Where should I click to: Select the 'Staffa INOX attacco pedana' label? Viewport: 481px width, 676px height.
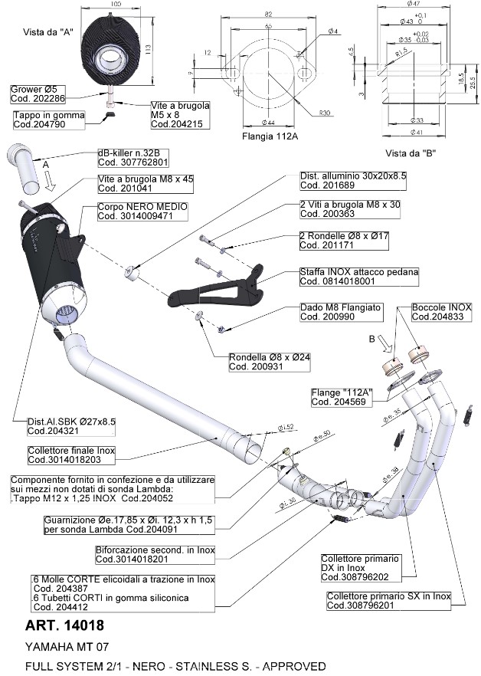(348, 276)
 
